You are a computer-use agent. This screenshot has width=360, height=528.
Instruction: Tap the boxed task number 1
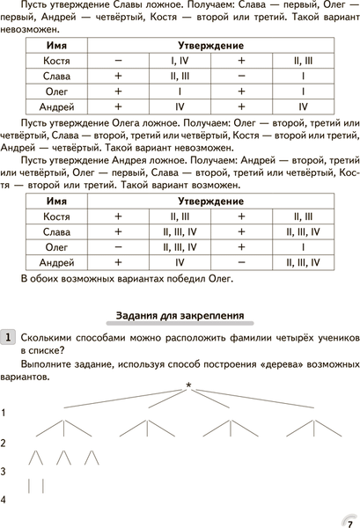[x=8, y=337]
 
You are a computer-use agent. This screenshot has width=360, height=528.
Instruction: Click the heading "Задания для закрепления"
[x=180, y=315]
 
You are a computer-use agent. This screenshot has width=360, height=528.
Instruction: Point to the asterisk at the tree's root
[x=188, y=360]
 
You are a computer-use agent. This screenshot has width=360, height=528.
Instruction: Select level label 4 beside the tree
[x=5, y=500]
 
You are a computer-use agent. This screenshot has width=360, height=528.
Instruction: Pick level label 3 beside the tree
[x=5, y=472]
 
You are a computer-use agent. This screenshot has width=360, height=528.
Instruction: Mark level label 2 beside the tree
[x=5, y=443]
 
